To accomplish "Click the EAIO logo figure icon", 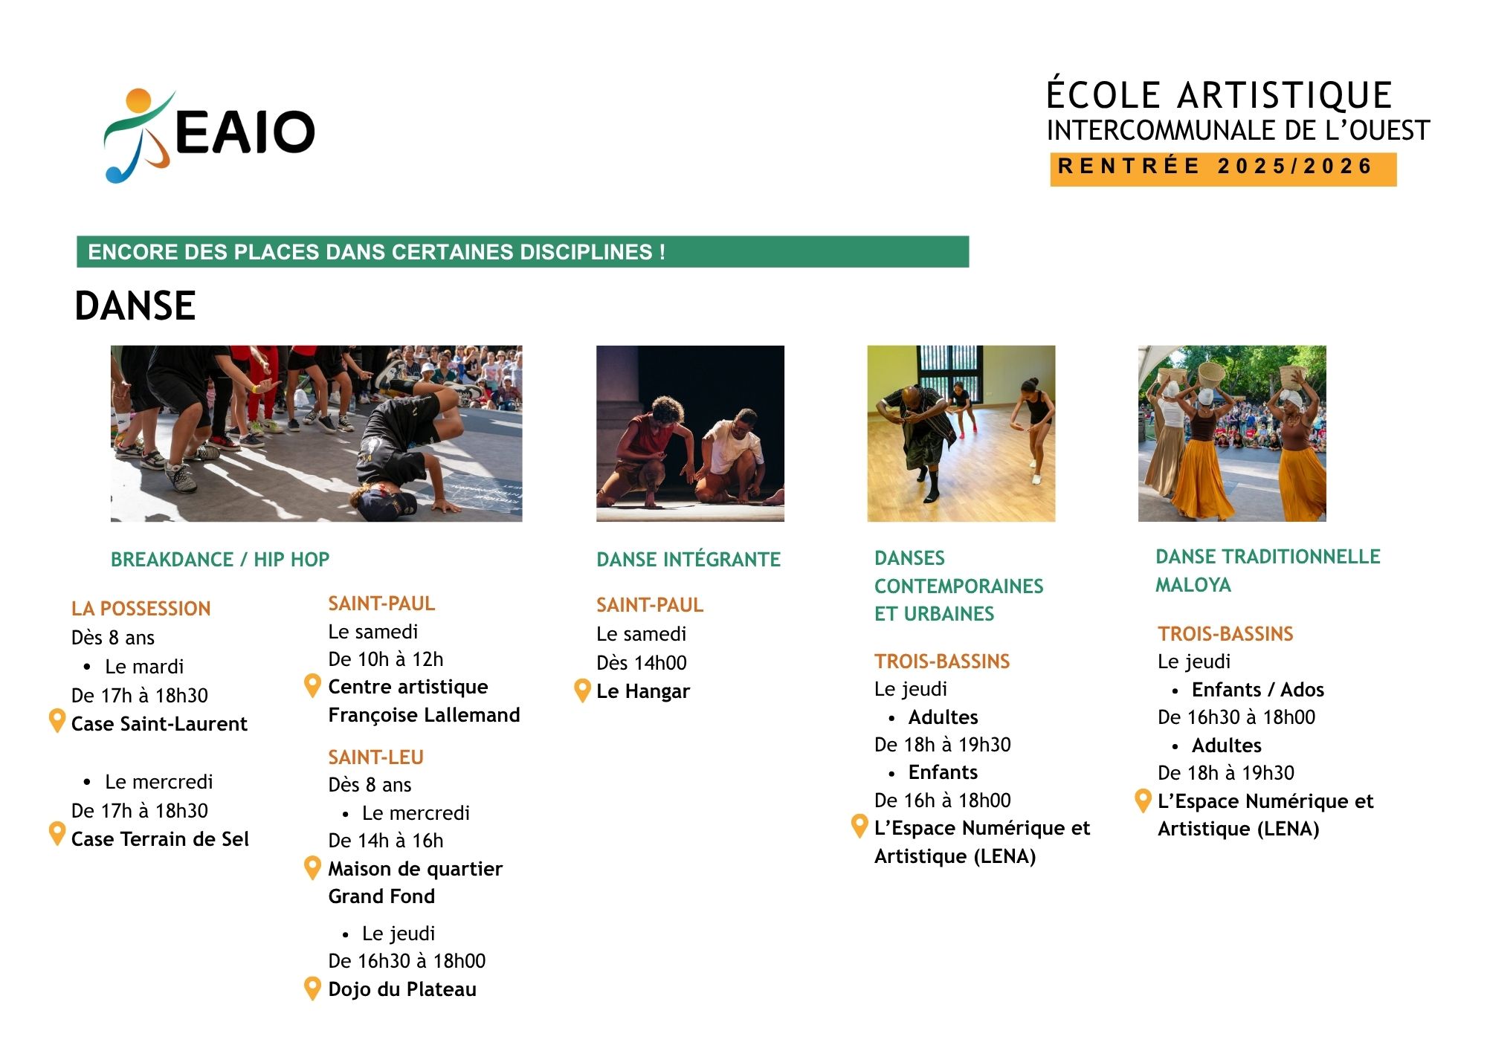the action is pos(138,135).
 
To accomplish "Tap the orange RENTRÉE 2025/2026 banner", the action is pos(1223,169).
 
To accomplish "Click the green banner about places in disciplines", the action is pos(523,252).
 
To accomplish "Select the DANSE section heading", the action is pos(135,306).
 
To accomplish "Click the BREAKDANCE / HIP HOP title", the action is pos(220,560).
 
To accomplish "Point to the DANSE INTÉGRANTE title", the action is pos(688,560).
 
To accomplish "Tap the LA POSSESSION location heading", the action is pos(141,609).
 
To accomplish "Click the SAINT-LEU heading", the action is pos(376,757).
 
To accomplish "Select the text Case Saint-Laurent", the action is pos(159,724).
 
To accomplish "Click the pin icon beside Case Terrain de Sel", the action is pos(57,834).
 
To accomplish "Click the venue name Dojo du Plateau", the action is pos(402,989).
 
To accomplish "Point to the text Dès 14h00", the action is pos(642,663).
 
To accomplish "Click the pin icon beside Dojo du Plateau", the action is pos(313,989).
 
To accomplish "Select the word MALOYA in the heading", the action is pos(1193,585).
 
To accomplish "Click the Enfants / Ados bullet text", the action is pos(1258,690).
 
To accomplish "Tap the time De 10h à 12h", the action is pos(386,659).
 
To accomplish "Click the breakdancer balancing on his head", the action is pos(401,453).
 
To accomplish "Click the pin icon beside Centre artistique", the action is pos(313,686).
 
